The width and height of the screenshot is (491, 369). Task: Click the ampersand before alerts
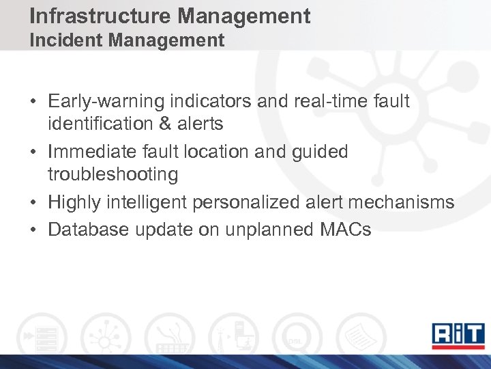(174, 124)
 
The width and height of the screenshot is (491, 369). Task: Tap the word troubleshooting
(113, 174)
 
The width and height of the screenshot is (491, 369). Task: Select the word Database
(89, 230)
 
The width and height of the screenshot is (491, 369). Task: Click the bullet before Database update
(33, 230)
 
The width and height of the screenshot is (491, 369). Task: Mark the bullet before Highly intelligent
(33, 202)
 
